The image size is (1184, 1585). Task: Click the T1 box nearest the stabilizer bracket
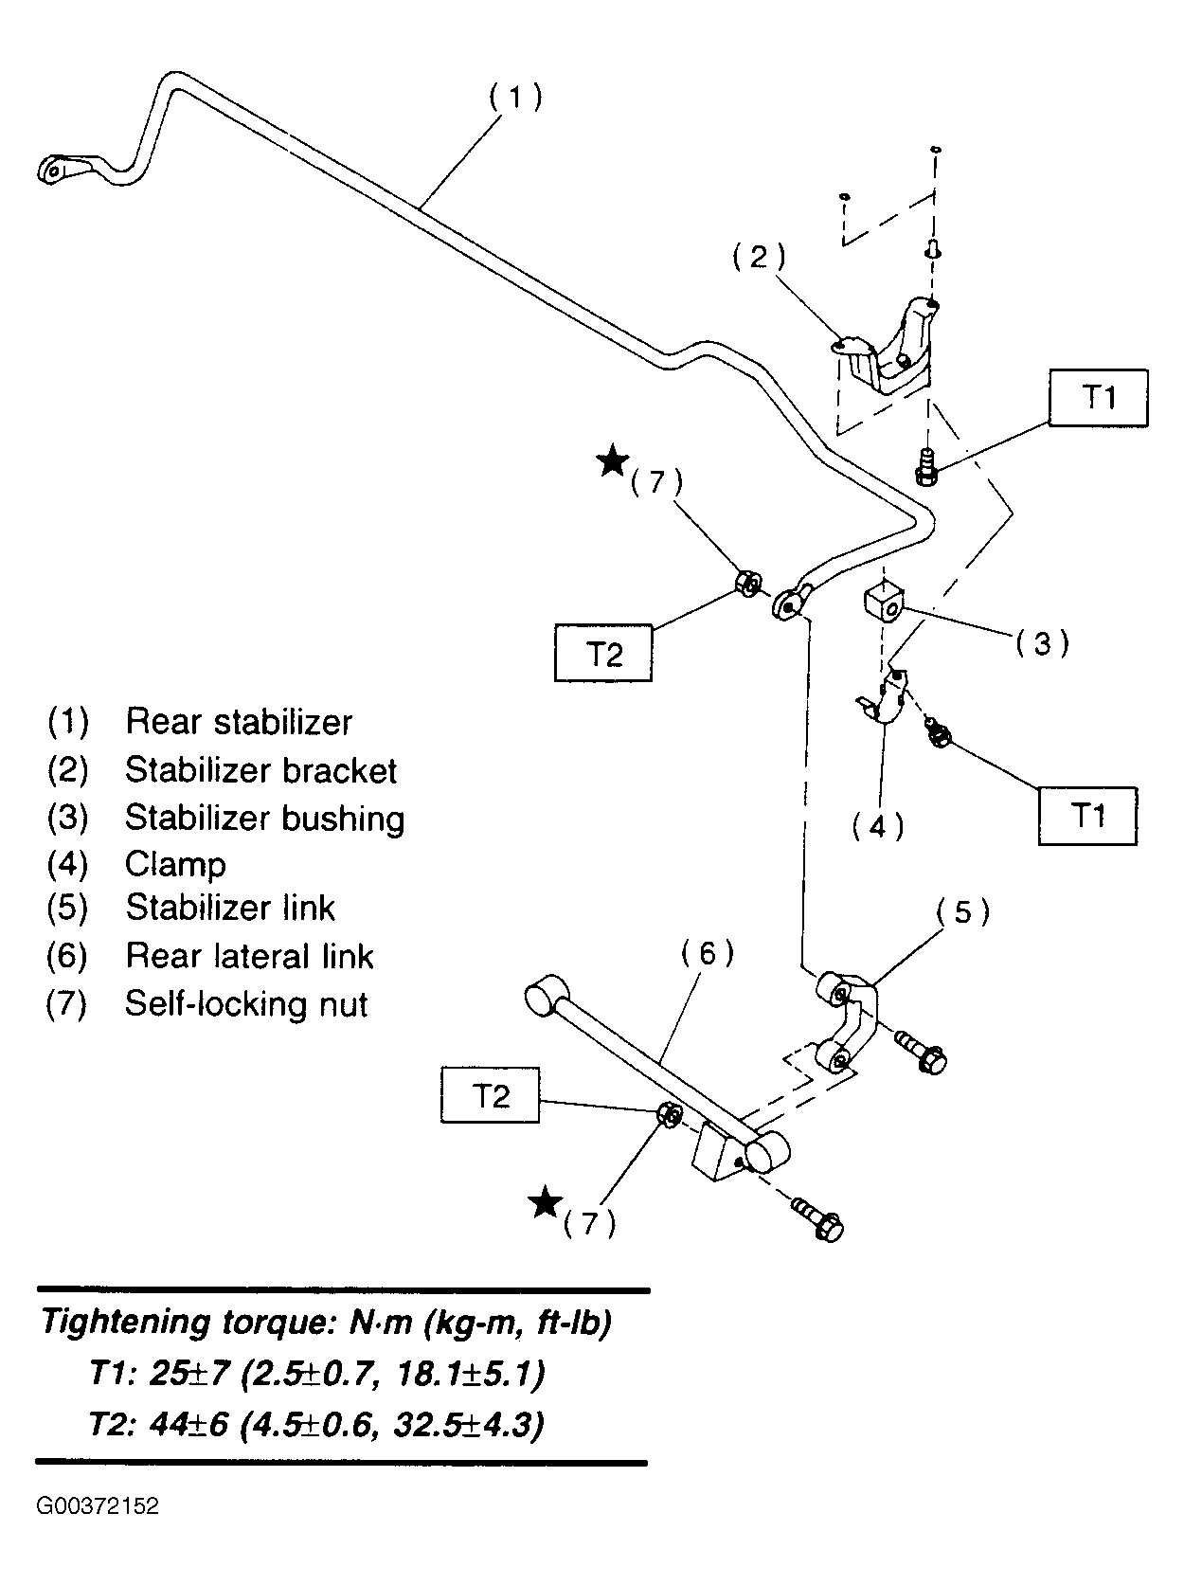click(1098, 398)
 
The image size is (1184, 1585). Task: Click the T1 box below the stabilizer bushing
click(1088, 816)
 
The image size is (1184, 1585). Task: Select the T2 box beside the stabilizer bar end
click(603, 653)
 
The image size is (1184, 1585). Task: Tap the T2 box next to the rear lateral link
click(491, 1094)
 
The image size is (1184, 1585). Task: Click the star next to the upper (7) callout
click(613, 460)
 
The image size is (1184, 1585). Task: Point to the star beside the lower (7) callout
click(545, 1202)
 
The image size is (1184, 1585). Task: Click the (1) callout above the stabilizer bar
click(515, 97)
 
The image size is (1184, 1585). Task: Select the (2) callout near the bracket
click(759, 257)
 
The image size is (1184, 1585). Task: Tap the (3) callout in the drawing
click(1042, 642)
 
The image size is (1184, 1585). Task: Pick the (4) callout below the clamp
click(878, 826)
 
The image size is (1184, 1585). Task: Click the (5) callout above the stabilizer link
click(962, 912)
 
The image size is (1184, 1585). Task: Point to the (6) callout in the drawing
click(708, 954)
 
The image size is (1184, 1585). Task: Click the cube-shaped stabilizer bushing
click(883, 602)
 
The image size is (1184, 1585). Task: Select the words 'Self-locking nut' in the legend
click(246, 1003)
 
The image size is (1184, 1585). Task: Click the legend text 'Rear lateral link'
click(249, 956)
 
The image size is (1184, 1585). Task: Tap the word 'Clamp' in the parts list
click(175, 864)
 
